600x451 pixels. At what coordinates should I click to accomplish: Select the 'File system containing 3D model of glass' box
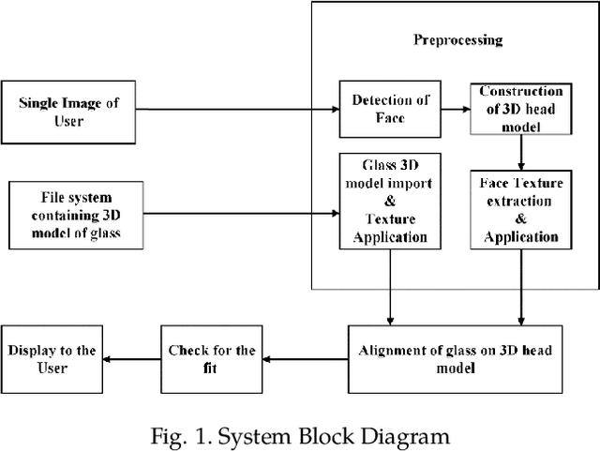[x=76, y=215]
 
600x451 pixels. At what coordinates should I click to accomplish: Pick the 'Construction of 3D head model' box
[x=520, y=109]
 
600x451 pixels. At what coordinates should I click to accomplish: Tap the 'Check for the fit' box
[x=211, y=359]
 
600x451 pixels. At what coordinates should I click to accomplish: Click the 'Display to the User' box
[x=52, y=359]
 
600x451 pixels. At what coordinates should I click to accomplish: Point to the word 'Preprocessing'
[x=457, y=40]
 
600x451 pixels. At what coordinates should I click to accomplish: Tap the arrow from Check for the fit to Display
[x=131, y=358]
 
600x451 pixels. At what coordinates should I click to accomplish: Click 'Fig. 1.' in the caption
[x=178, y=435]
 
